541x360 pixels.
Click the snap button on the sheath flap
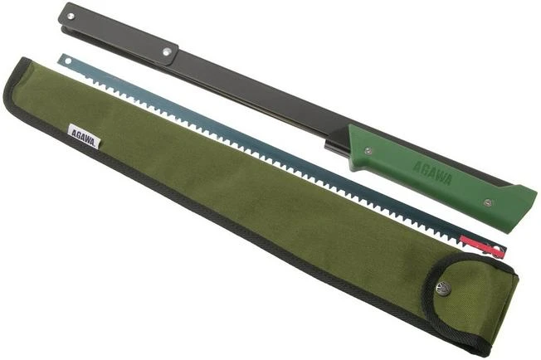[x=442, y=288]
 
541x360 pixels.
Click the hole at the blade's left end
[x=64, y=59]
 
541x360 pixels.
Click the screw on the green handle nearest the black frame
[x=366, y=149]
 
